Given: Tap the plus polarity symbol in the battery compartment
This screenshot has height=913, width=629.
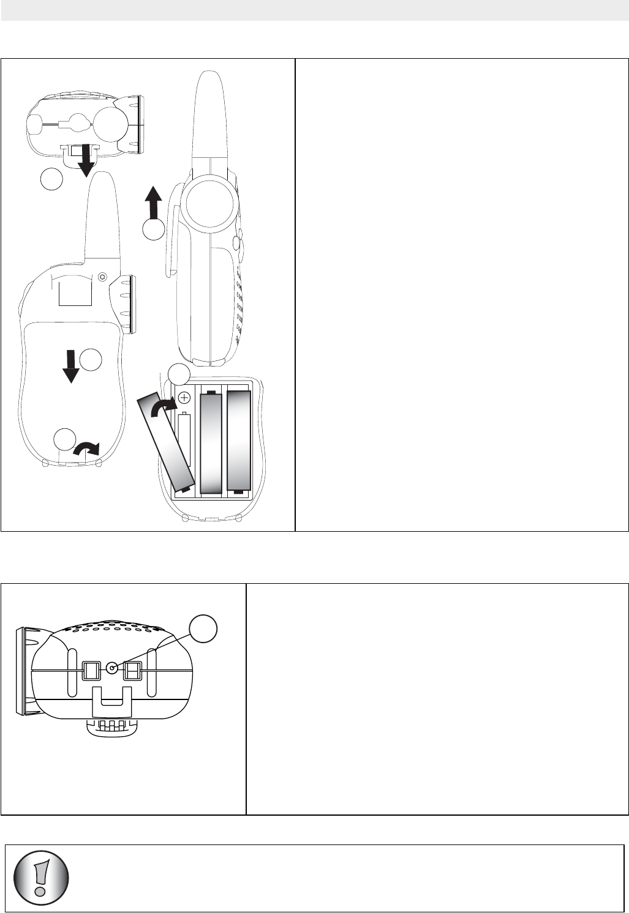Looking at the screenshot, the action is (184, 397).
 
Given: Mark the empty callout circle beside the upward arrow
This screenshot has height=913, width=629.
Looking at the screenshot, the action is (153, 229).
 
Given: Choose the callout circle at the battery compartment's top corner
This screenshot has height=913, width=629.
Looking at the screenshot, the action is (179, 373).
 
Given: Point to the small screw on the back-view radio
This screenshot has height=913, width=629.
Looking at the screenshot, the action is (102, 276).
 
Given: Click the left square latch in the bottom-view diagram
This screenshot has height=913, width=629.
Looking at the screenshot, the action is (90, 671).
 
